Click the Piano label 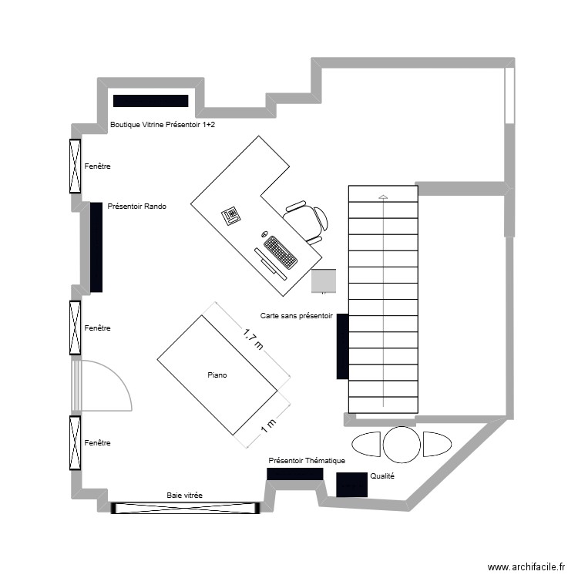pyautogui.click(x=217, y=375)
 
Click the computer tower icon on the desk pyautogui.click(x=231, y=215)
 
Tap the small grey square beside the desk pyautogui.click(x=324, y=281)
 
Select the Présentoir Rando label pyautogui.click(x=137, y=207)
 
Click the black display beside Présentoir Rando pyautogui.click(x=96, y=247)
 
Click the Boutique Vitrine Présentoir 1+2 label pyautogui.click(x=163, y=123)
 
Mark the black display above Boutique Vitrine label pyautogui.click(x=150, y=101)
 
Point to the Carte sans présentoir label pyautogui.click(x=296, y=316)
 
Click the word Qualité pyautogui.click(x=382, y=476)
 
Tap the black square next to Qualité pyautogui.click(x=351, y=484)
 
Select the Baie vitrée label pyautogui.click(x=184, y=496)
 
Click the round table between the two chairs pyautogui.click(x=402, y=444)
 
